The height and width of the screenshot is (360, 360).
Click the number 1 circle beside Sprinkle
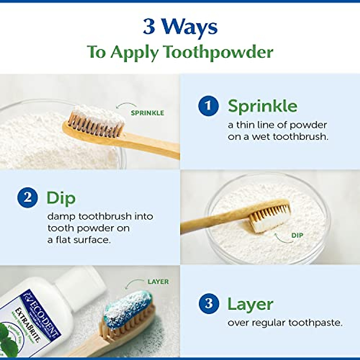tap(208, 106)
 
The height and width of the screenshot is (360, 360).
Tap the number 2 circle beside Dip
tap(28, 198)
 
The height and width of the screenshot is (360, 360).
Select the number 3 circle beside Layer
tap(209, 304)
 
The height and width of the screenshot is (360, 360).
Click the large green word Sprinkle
tap(262, 106)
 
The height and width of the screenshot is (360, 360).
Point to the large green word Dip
tap(61, 198)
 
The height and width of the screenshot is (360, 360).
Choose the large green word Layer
tap(250, 304)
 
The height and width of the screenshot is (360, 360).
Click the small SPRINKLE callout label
tap(147, 113)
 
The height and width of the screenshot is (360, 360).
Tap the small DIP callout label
tap(297, 235)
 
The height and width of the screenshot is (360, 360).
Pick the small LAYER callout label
tap(158, 282)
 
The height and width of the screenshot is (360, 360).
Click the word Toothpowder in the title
tap(218, 52)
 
